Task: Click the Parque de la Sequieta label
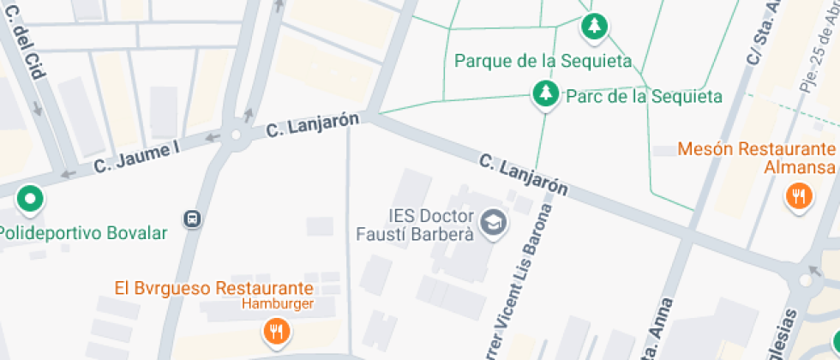click(543, 61)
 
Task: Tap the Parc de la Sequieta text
click(644, 96)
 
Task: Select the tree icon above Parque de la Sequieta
click(594, 27)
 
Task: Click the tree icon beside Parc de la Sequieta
click(544, 94)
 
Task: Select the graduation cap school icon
click(493, 224)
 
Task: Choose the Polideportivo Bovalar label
click(83, 233)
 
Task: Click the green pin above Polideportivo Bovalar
click(31, 200)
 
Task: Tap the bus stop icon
click(194, 219)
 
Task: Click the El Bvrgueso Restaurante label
click(214, 288)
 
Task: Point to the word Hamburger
click(276, 303)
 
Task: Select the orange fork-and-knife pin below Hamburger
click(275, 330)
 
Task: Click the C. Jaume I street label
click(137, 157)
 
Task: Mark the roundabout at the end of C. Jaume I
click(235, 135)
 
